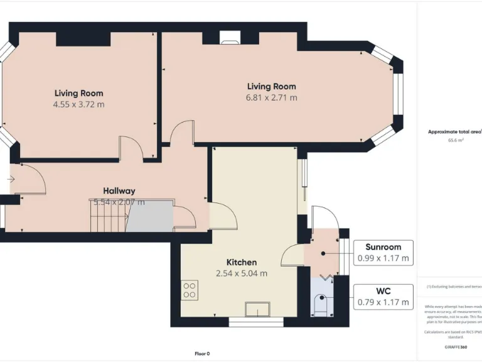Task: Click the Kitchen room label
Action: [242, 262]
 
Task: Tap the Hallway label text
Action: [119, 190]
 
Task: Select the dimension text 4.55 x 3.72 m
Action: [78, 104]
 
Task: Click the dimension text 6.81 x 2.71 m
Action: [271, 97]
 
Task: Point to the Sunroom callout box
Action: [383, 252]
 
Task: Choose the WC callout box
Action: [383, 296]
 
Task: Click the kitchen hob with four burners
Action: [190, 290]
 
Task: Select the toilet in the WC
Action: [321, 305]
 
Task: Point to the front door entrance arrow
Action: [11, 179]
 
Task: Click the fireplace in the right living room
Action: [228, 40]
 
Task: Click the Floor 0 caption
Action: [202, 353]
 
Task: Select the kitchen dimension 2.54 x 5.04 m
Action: [242, 273]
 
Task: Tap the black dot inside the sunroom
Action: [322, 254]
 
